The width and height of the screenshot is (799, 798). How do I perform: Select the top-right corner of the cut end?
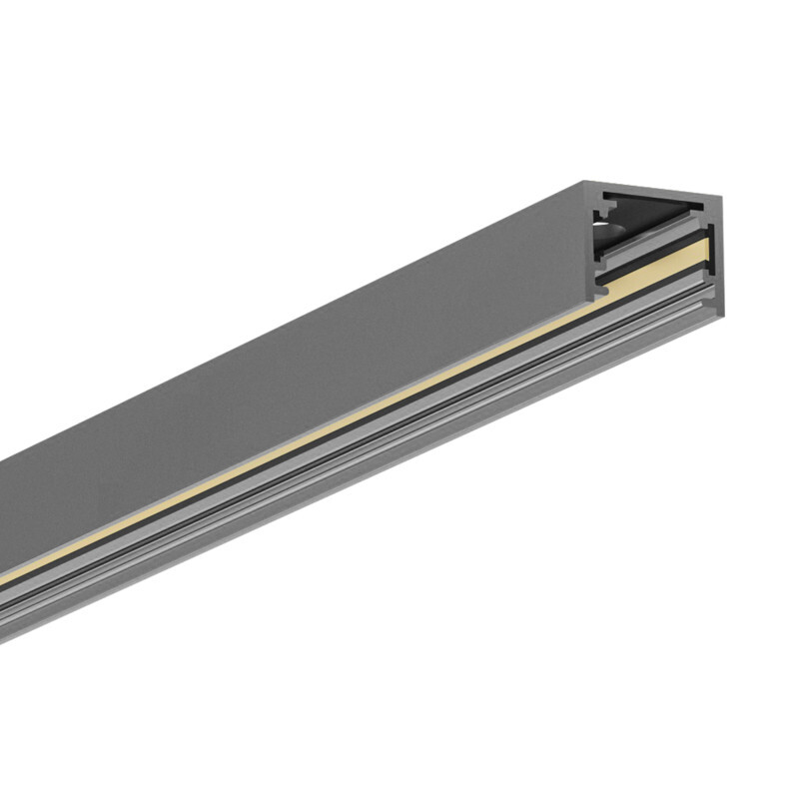coord(721,197)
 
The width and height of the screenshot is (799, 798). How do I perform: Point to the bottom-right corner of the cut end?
coord(722,314)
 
